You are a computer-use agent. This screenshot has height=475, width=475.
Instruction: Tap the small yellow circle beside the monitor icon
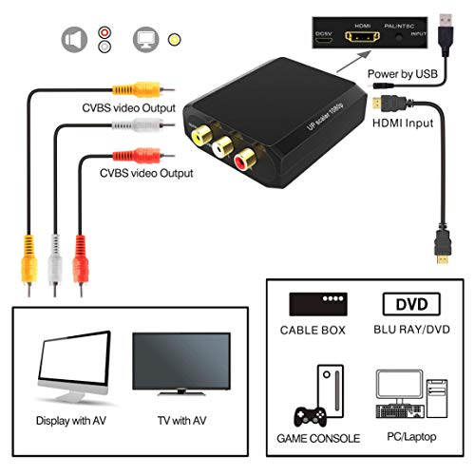[174, 40]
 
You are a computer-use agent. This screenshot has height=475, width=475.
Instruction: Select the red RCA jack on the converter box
[245, 158]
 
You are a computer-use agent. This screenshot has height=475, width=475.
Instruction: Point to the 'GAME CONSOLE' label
[320, 438]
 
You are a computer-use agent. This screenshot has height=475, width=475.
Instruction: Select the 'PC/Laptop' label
[409, 438]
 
